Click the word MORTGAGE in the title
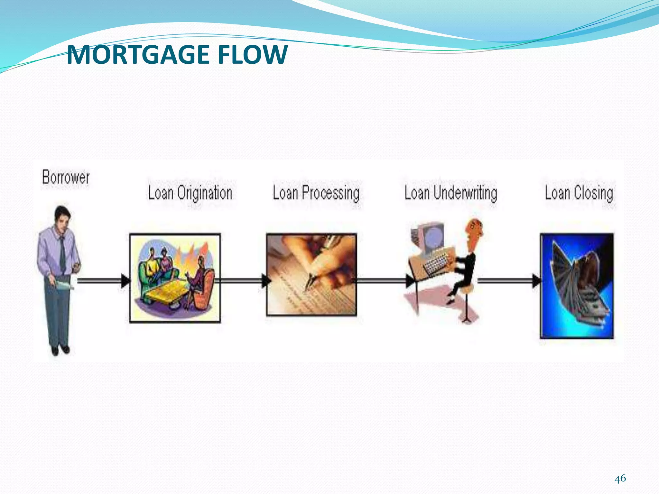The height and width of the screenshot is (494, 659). (x=139, y=55)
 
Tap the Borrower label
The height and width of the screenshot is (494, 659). (x=66, y=177)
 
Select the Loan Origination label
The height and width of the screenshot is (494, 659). (x=190, y=193)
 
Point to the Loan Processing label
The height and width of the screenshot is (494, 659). (x=316, y=193)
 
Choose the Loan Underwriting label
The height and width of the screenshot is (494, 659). (x=450, y=193)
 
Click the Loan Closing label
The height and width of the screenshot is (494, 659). (x=579, y=193)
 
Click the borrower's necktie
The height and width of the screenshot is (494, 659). (x=62, y=254)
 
